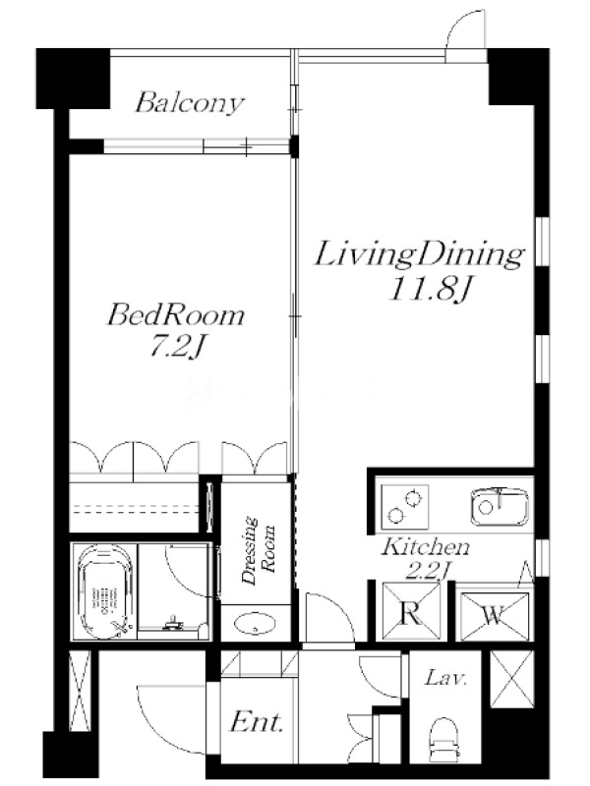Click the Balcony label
[x=190, y=104]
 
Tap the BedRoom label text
[x=176, y=315]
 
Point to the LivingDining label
[x=420, y=255]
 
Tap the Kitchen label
[x=426, y=546]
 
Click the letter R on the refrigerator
[x=411, y=614]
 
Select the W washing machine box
[x=494, y=616]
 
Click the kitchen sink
[x=500, y=506]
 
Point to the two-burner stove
[x=405, y=507]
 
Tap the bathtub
[x=104, y=591]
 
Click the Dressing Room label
[x=259, y=549]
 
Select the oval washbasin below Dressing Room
[x=256, y=624]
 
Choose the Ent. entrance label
[x=257, y=722]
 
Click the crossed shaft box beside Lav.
[x=511, y=679]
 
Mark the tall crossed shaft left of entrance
[x=80, y=691]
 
